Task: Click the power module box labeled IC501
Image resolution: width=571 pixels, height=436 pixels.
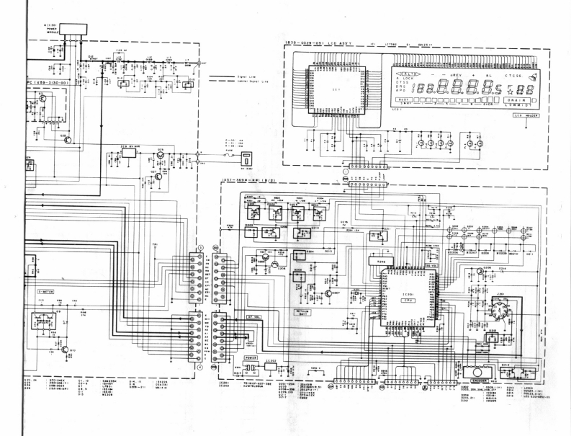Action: point(73,30)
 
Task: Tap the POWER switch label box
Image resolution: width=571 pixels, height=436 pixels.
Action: point(251,357)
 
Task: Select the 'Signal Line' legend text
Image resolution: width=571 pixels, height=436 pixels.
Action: point(246,75)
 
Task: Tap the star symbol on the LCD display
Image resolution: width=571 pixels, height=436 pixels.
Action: point(509,90)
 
